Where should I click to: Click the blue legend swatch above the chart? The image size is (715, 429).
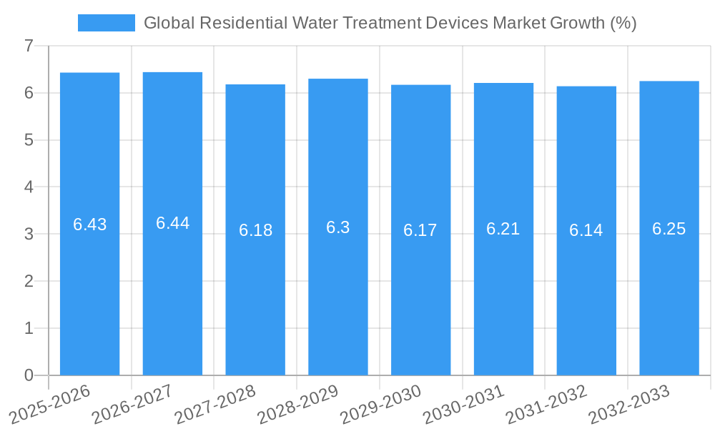(106, 23)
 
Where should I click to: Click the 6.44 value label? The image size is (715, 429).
(172, 223)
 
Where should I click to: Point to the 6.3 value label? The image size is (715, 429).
(337, 227)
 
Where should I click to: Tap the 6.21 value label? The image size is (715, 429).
(503, 229)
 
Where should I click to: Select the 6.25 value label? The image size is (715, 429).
(669, 229)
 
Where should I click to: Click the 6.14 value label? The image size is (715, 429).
(586, 230)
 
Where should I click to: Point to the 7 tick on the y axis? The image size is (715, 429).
(29, 46)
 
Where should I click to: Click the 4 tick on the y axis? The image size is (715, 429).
(29, 187)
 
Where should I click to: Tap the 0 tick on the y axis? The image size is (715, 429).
(29, 375)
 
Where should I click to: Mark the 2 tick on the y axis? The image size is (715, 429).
(29, 281)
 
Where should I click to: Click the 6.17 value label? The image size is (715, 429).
(420, 230)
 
